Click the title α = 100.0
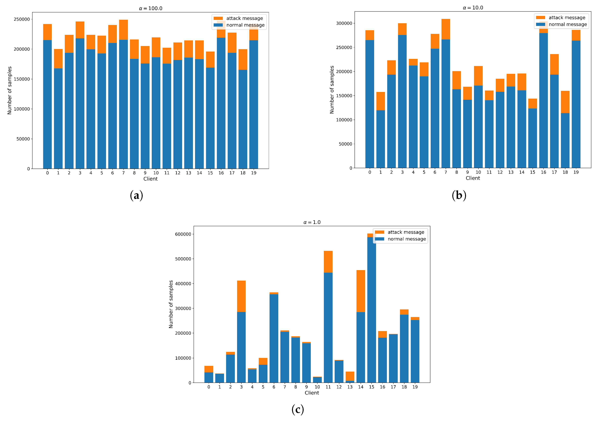151,8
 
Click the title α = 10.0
473,7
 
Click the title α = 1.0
312,222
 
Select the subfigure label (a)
136,195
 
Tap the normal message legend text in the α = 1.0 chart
407,239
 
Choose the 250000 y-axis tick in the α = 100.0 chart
22,19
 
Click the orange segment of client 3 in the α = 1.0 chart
241,296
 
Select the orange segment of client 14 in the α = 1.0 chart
360,291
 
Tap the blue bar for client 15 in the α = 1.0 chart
371,310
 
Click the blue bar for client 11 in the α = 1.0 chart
328,328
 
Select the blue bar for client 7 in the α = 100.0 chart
123,104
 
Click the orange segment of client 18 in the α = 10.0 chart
565,102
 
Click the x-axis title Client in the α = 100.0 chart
151,179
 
